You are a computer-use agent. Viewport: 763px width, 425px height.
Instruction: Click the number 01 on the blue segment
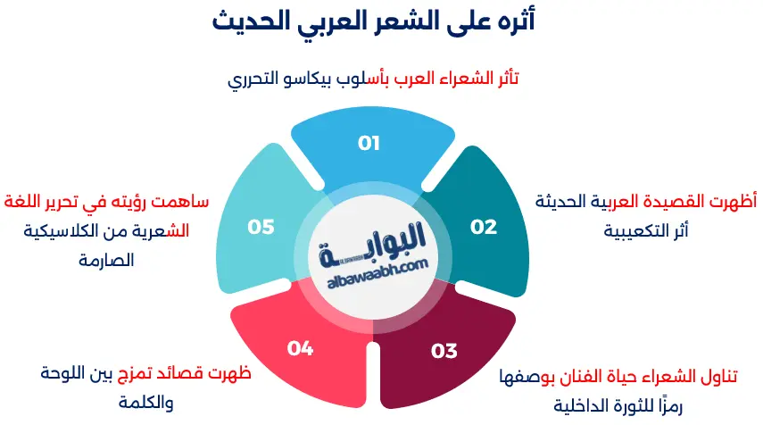point(369,142)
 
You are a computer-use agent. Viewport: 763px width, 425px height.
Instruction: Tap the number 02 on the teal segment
point(484,227)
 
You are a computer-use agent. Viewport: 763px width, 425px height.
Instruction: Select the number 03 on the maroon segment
point(444,351)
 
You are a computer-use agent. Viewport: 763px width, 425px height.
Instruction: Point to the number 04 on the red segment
point(301,348)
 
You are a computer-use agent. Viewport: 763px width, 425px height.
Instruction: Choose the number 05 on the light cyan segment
point(261,227)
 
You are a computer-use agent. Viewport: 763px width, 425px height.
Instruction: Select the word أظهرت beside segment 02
point(733,202)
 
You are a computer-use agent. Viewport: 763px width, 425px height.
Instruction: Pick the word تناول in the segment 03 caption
point(719,376)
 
